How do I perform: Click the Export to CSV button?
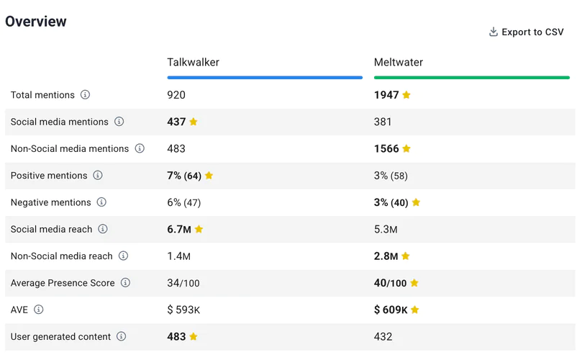tap(526, 32)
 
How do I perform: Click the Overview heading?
tap(36, 22)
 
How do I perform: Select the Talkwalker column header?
tap(193, 63)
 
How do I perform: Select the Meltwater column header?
tap(398, 63)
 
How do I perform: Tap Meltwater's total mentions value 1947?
tap(386, 95)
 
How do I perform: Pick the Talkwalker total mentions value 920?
tap(176, 95)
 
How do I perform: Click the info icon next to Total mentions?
tap(85, 95)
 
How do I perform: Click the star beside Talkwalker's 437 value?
tap(194, 122)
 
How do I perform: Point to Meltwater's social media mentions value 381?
tap(383, 122)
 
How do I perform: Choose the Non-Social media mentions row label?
tap(70, 149)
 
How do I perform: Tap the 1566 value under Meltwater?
tap(386, 149)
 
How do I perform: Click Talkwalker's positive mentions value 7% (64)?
tap(184, 176)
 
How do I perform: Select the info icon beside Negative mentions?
tap(101, 202)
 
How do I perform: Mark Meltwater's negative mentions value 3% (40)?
tap(391, 202)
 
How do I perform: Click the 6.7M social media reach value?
tap(179, 230)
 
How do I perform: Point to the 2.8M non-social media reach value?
tap(386, 256)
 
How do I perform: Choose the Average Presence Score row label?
tap(63, 283)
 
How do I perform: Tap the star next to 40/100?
tap(414, 283)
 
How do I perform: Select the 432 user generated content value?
tap(383, 337)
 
